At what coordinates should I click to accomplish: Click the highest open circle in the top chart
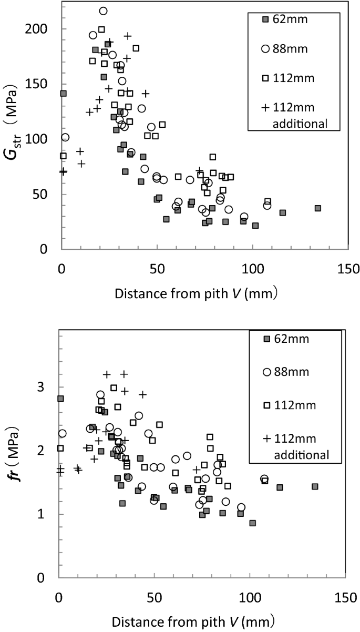pyautogui.click(x=103, y=11)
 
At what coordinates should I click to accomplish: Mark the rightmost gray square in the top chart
pyautogui.click(x=317, y=208)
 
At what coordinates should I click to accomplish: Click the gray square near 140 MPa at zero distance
pyautogui.click(x=63, y=94)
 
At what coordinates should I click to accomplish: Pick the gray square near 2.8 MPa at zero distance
pyautogui.click(x=60, y=399)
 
